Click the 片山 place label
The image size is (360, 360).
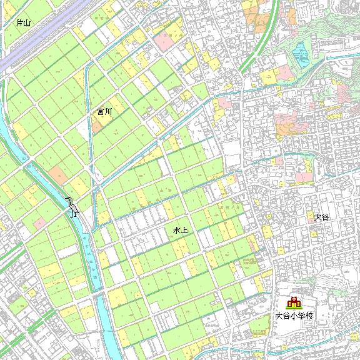point(24,23)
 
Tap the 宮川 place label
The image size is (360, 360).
point(104,112)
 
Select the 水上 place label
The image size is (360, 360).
point(181,231)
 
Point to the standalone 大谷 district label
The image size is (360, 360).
point(321,217)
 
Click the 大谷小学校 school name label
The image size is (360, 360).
point(293,316)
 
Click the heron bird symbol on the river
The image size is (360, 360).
point(72,206)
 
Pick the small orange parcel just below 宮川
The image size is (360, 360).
point(97,125)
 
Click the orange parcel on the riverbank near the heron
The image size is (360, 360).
point(57,173)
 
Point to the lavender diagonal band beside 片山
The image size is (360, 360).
point(37,41)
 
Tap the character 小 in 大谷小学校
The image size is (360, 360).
point(293,316)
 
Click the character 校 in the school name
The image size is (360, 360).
point(308,316)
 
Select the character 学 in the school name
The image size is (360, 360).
point(301,316)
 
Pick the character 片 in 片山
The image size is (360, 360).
point(20,23)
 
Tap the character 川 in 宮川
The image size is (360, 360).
point(108,112)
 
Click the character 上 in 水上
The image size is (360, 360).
point(184,231)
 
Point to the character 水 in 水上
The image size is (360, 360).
point(177,231)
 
